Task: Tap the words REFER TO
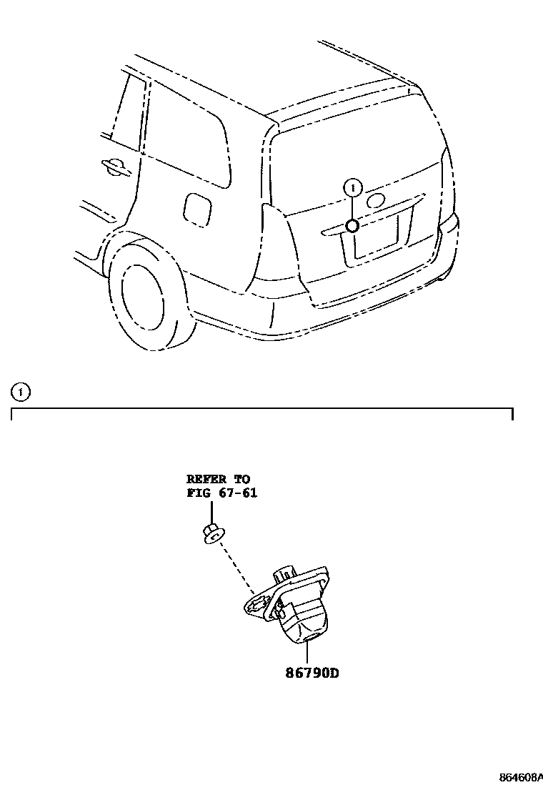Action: pyautogui.click(x=218, y=479)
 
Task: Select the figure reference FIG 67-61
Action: pyautogui.click(x=221, y=493)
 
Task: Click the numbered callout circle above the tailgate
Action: pyautogui.click(x=352, y=187)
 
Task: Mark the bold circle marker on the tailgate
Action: pyautogui.click(x=352, y=226)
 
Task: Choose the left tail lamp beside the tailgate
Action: pyautogui.click(x=279, y=247)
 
